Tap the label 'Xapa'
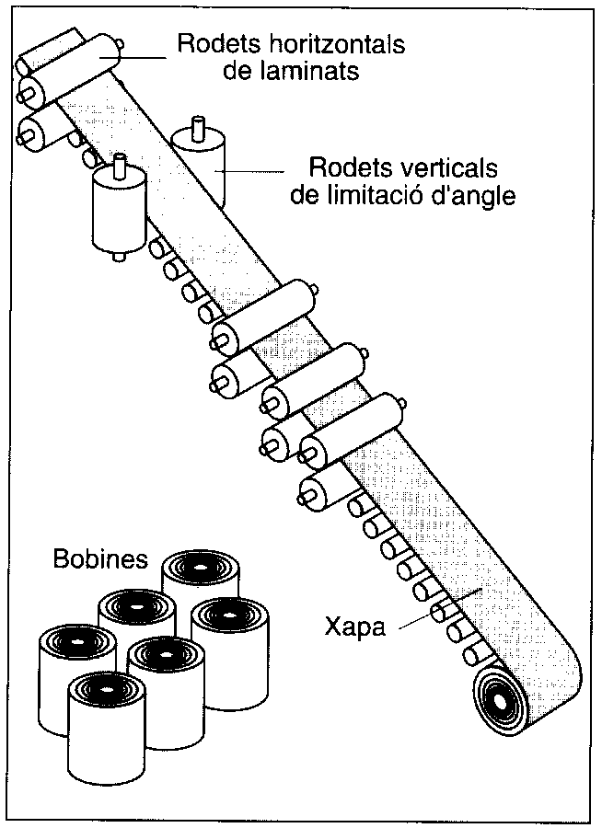click(353, 629)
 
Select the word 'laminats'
click(282, 70)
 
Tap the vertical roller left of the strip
click(119, 208)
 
